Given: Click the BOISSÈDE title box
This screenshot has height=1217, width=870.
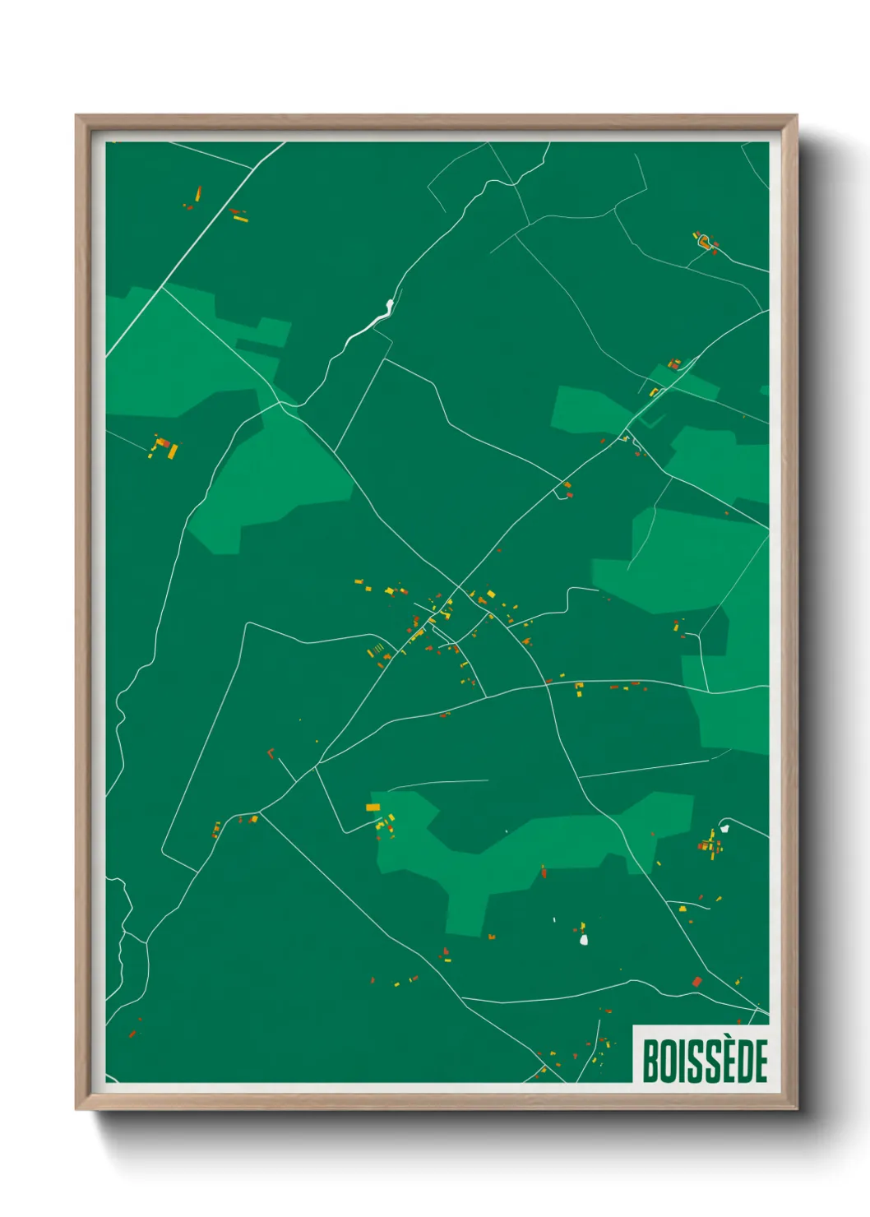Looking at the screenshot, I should coord(701,1054).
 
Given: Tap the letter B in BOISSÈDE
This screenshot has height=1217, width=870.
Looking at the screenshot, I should coord(649,1061).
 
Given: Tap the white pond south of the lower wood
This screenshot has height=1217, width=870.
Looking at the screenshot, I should coord(584,938).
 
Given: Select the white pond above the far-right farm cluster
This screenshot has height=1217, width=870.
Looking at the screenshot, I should coord(724,828).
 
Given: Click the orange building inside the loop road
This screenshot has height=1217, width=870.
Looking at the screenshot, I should coord(704,241).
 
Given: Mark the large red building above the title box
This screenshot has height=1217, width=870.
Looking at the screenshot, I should coord(697,981).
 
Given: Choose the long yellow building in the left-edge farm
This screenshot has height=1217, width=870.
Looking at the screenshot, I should coord(173,451).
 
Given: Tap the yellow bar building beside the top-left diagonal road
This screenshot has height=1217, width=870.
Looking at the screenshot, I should coord(240,218).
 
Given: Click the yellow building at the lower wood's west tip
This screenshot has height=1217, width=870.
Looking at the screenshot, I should coord(373,807).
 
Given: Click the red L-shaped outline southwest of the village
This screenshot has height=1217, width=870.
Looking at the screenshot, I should coord(271,752).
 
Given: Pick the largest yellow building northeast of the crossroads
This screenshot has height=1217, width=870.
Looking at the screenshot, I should coord(491,594).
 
